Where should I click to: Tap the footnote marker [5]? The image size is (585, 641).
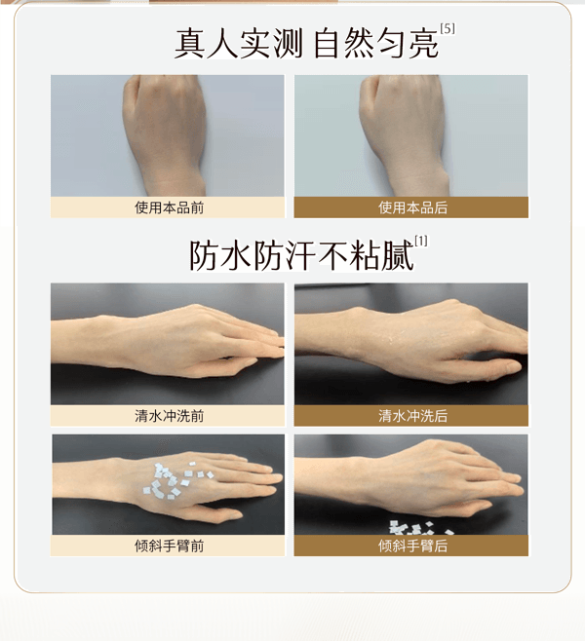[448, 28]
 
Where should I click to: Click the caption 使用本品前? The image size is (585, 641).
[168, 207]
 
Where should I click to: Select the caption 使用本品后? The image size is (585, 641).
[411, 207]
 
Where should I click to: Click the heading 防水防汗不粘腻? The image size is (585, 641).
[299, 254]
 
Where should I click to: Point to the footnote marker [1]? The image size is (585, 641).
[421, 241]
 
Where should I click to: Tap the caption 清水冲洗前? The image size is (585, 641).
[168, 416]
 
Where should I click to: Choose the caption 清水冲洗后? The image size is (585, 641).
[411, 416]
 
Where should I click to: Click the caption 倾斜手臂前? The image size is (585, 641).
[168, 546]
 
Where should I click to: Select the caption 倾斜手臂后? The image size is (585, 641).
[411, 546]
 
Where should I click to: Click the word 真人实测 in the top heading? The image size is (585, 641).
[238, 43]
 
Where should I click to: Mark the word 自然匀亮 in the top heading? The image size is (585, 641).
[376, 43]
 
